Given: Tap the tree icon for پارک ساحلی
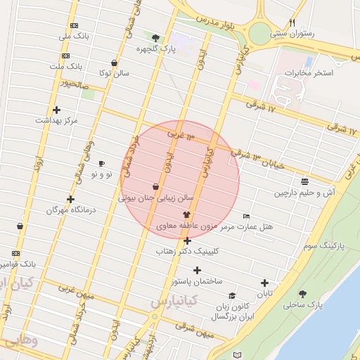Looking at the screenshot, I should point(303,294).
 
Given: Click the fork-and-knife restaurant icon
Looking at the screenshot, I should point(292,22).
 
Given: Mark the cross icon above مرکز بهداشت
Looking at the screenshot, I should point(56,110).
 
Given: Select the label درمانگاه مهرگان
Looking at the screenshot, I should point(70,210).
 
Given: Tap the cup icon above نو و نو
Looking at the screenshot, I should point(101,163).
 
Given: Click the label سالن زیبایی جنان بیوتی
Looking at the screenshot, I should point(155,198).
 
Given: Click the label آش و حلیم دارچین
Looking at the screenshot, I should point(305,192).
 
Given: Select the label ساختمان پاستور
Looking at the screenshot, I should point(197,281).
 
